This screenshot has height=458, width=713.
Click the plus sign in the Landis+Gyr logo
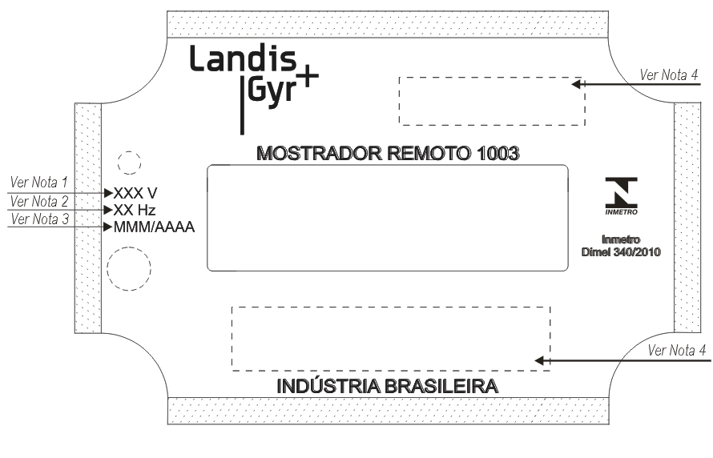coord(308,76)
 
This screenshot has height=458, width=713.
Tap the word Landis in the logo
coord(243,58)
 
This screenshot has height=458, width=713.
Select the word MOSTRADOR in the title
coord(320,154)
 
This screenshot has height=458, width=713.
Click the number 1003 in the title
coord(498,154)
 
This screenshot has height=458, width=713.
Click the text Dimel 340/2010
coord(621,252)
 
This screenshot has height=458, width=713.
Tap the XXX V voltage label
coord(135,193)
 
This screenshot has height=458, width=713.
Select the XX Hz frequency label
coord(134,210)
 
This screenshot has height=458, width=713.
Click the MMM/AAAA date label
coord(154,227)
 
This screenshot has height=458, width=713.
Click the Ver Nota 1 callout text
coord(38,183)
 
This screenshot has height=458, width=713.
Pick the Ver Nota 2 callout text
coord(39,201)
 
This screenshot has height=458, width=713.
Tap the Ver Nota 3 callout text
coord(40,219)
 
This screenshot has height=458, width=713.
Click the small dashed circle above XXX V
coord(129,152)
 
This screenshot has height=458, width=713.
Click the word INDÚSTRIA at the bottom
coord(328,386)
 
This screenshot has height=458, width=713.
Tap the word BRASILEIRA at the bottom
coord(441,386)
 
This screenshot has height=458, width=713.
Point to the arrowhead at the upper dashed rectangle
coord(576,84)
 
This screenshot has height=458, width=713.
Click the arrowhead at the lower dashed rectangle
coord(539,361)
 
